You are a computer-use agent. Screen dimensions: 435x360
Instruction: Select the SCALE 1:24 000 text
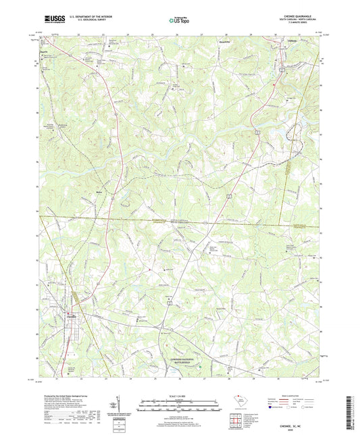tap(180, 396)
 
